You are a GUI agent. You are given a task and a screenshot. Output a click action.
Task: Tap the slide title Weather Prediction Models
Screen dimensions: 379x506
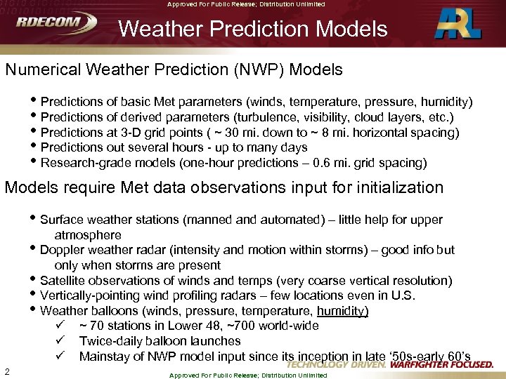point(253,29)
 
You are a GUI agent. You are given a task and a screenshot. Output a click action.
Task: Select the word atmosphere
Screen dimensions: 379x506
point(88,235)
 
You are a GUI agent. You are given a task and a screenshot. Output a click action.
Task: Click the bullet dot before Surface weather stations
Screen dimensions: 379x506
point(35,220)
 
